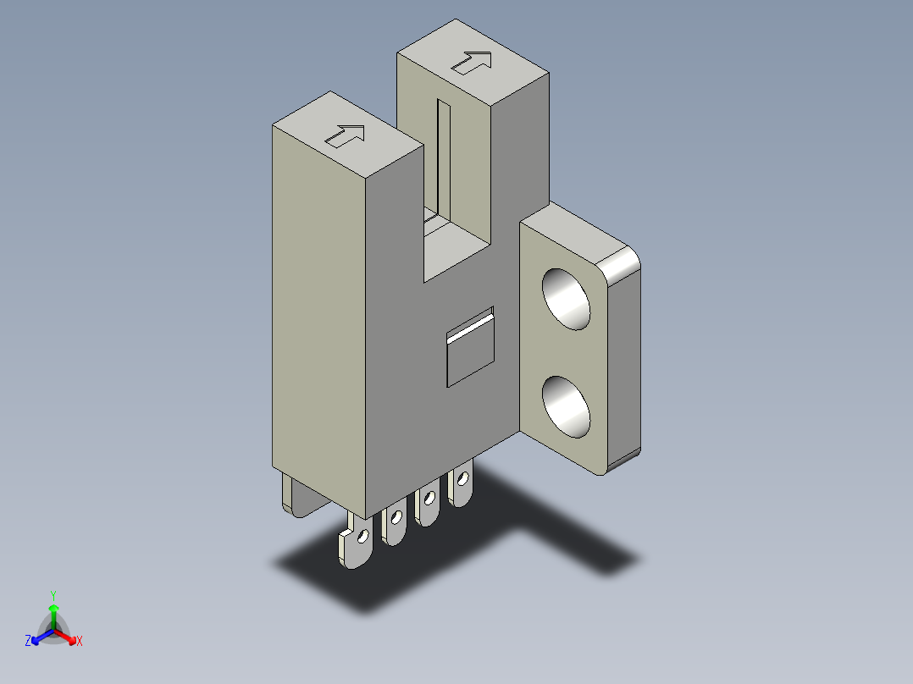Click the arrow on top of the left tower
pos(346,135)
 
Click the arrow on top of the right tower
pos(472,63)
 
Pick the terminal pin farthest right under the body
pos(461,488)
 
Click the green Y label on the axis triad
pos(53,595)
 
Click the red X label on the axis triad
pos(80,642)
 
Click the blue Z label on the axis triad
pos(28,642)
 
